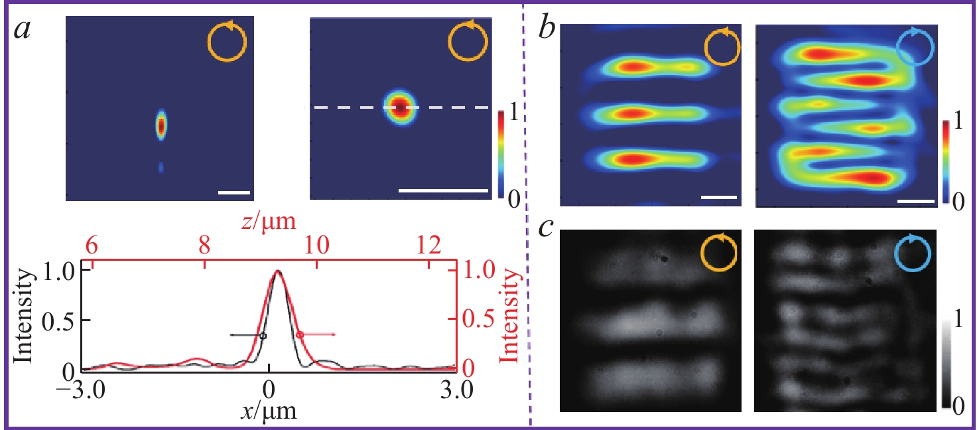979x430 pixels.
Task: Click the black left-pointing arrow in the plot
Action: click(x=247, y=336)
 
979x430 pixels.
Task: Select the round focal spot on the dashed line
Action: click(x=400, y=107)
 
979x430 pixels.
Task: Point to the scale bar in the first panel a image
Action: click(x=234, y=193)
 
